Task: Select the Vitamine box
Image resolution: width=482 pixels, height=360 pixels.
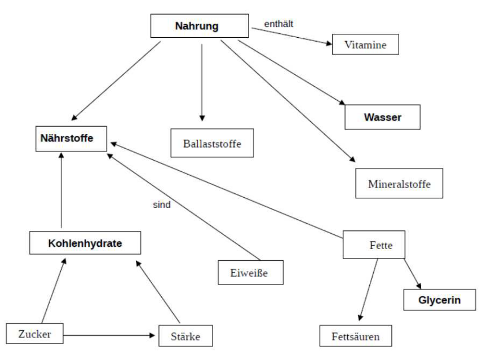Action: (x=366, y=44)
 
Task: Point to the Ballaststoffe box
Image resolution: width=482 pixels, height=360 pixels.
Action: (x=211, y=143)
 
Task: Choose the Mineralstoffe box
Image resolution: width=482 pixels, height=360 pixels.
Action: (x=396, y=183)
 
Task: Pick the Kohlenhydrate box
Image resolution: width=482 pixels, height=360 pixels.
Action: (x=85, y=244)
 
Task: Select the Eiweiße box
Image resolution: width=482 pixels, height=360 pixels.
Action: (x=250, y=274)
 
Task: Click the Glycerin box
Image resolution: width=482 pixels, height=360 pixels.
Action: (x=440, y=300)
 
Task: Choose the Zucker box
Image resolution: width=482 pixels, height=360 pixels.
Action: (x=34, y=334)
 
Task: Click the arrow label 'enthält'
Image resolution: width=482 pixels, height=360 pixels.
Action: (x=280, y=24)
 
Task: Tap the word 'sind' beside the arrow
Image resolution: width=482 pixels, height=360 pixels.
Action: (x=162, y=205)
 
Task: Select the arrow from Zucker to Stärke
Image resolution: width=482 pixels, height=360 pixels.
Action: (x=110, y=336)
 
